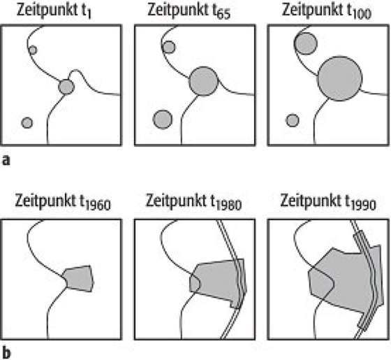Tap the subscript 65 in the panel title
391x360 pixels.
[223, 15]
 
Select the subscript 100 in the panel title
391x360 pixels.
[362, 15]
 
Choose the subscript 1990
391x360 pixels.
[364, 206]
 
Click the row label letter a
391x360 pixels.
[6, 161]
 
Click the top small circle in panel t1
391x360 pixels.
[33, 50]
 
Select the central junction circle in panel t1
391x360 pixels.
[66, 87]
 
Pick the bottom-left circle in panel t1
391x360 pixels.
[27, 123]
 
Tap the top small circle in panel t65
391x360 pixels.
[169, 48]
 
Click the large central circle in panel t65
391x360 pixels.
[203, 81]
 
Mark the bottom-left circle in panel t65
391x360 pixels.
[163, 120]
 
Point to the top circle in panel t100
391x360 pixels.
[306, 43]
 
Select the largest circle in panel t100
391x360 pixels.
[339, 78]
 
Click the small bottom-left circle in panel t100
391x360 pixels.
[293, 120]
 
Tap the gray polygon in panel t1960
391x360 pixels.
[78, 278]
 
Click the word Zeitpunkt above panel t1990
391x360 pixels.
[311, 201]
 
